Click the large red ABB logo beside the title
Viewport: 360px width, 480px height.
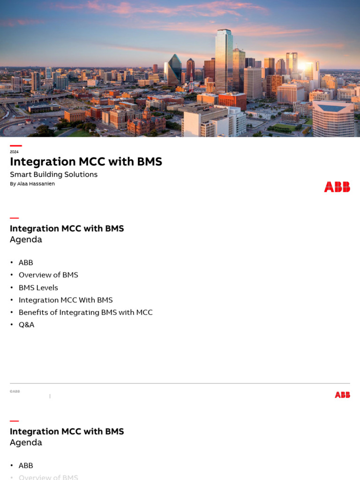click(337, 187)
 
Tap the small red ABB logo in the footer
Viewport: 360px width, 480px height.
click(342, 395)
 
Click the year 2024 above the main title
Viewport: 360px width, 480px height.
click(14, 152)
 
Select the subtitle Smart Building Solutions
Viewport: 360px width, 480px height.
click(53, 174)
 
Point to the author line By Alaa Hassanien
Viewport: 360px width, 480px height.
click(32, 184)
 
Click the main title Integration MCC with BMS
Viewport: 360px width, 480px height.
click(86, 162)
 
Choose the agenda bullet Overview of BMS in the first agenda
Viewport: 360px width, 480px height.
click(48, 275)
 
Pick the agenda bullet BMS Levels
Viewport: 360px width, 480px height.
click(38, 287)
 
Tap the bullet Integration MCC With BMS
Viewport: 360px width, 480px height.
click(66, 300)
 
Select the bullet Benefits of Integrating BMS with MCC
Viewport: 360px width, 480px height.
click(85, 312)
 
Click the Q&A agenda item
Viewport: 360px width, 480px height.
click(26, 324)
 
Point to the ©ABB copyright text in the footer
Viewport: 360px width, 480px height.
click(15, 391)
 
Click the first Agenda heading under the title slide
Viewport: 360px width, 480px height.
click(26, 240)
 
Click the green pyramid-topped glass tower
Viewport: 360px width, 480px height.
click(174, 70)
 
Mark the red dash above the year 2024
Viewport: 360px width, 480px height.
click(15, 146)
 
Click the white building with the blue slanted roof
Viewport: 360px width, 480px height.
click(333, 117)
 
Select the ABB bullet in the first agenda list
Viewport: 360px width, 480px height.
click(26, 262)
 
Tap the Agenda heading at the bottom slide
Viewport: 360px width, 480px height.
click(26, 442)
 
